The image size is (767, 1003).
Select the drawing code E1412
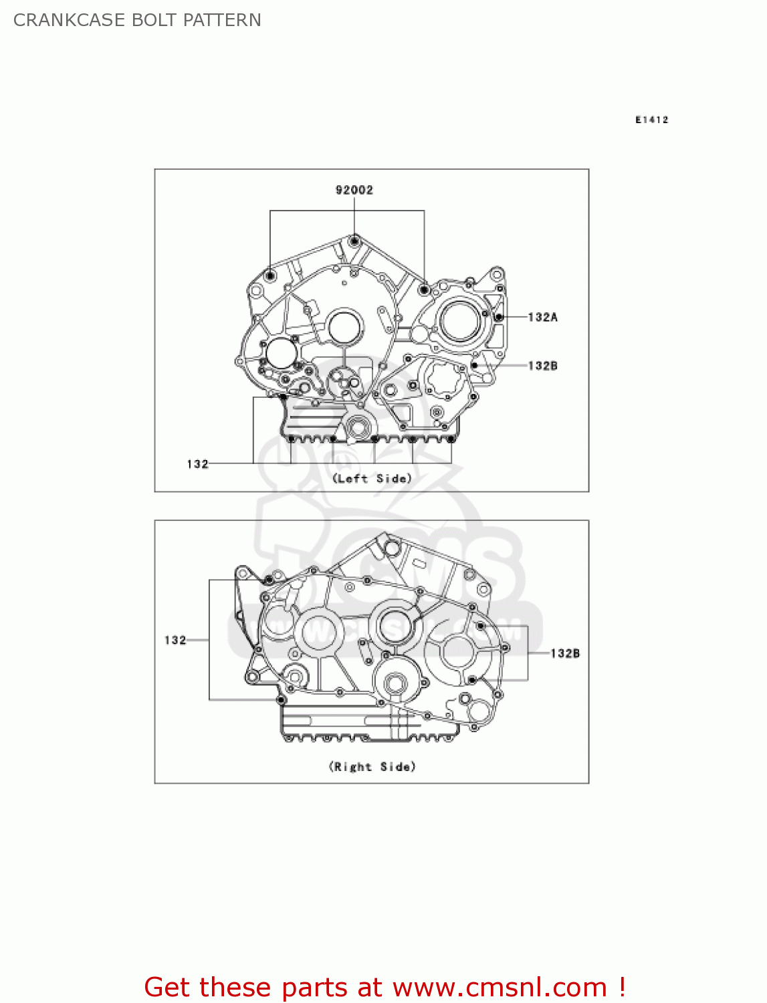coord(651,120)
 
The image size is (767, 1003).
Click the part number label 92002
coord(354,190)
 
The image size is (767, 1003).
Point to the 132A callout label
coord(542,317)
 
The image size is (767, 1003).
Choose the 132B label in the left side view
coord(542,366)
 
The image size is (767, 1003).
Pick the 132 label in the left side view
coord(197,464)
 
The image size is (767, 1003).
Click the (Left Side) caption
coord(372,479)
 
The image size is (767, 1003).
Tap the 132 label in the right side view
coord(175,640)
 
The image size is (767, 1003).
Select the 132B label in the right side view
coord(565,653)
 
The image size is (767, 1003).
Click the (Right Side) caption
coord(372,767)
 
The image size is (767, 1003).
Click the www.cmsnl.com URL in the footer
coord(499,987)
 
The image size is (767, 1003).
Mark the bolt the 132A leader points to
coord(498,317)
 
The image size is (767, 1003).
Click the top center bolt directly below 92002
coord(354,240)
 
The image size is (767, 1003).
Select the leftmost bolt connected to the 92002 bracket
coord(270,275)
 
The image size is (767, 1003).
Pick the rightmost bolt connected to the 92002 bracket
coord(424,290)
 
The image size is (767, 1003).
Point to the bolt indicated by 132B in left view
coord(474,366)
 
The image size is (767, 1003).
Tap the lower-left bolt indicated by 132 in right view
coord(281,700)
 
